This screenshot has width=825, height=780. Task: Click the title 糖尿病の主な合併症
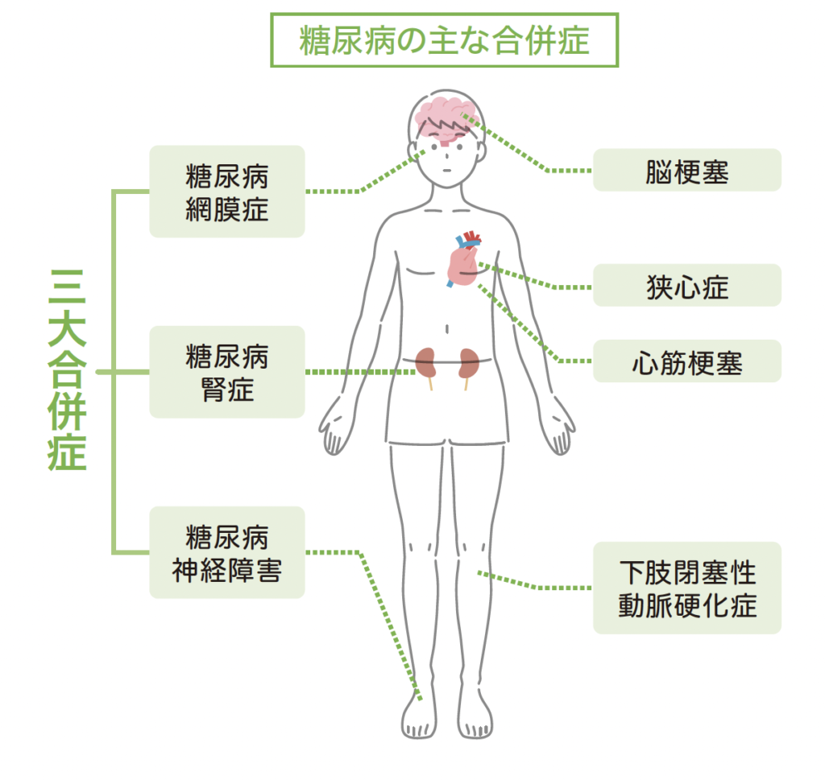point(444,39)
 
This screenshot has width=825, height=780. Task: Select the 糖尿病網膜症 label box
point(227,192)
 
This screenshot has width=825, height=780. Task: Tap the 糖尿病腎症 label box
point(227,372)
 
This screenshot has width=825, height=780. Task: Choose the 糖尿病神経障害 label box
point(227,552)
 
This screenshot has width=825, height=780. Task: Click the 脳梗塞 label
point(686,170)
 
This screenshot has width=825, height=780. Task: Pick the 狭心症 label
point(686,286)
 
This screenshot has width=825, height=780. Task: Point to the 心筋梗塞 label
point(686,361)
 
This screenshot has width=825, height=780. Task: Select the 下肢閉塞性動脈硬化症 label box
point(686,588)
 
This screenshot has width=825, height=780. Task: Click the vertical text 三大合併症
point(68,370)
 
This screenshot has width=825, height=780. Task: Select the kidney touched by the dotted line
point(428,364)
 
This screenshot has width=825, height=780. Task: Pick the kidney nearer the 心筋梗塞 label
point(468,365)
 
